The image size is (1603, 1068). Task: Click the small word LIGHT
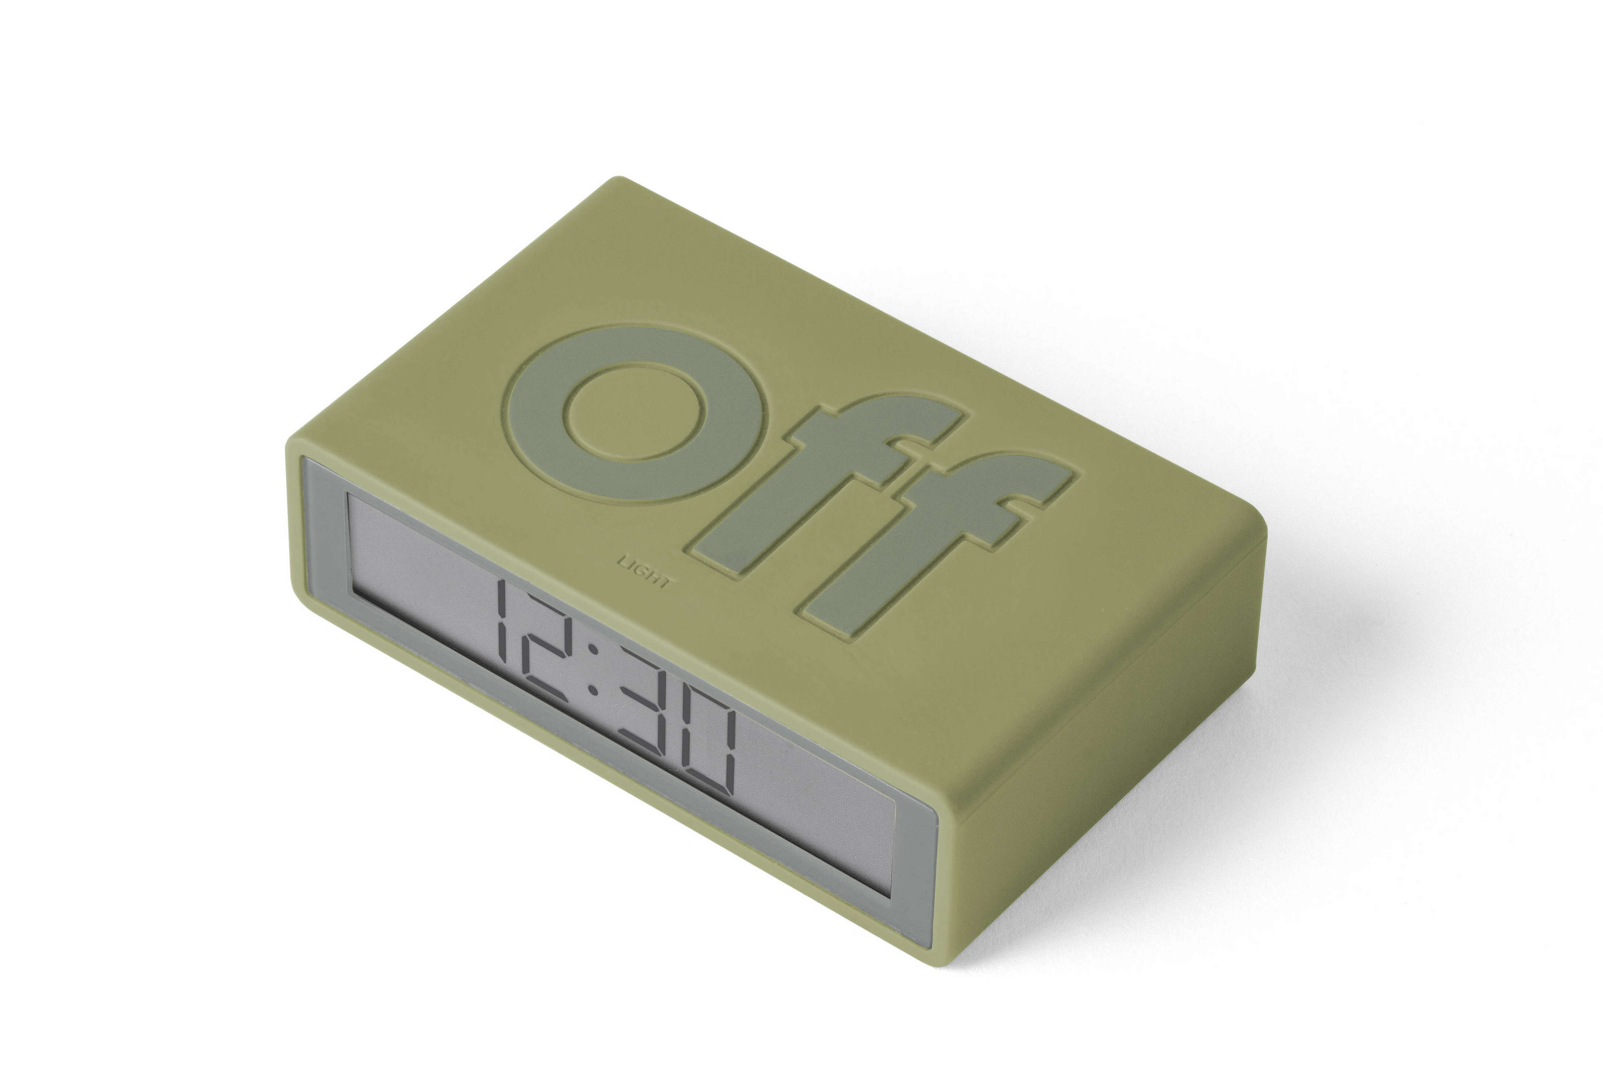pos(644,572)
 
